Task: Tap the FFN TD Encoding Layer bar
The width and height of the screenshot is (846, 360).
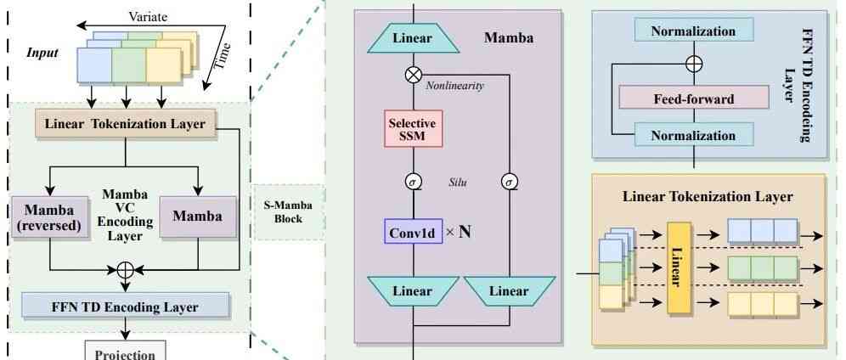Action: tap(125, 306)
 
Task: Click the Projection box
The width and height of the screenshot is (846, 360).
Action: tap(125, 351)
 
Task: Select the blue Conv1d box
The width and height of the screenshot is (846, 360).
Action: tap(412, 230)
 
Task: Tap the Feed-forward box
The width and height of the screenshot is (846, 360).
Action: tap(693, 99)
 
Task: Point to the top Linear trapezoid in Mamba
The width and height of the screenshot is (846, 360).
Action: tap(412, 38)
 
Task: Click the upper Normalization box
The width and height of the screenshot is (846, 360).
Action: tap(693, 31)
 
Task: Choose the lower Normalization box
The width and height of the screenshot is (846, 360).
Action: tap(693, 135)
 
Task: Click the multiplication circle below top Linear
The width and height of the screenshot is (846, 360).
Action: tap(412, 75)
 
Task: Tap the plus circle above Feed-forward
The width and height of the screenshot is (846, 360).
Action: tap(694, 63)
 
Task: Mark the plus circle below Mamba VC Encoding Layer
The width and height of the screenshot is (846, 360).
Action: tap(126, 268)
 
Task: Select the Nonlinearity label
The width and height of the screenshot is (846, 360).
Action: tap(454, 86)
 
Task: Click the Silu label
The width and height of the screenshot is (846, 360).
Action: tap(460, 182)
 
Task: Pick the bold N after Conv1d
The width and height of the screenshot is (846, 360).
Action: tap(465, 230)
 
